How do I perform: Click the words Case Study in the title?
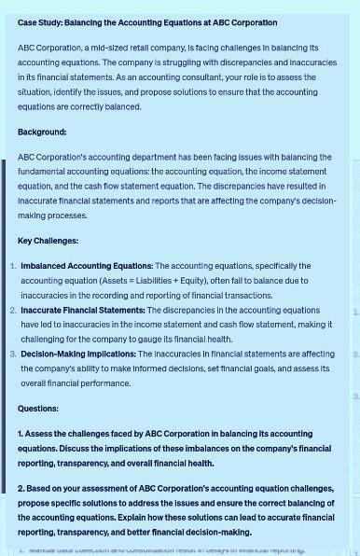click(x=40, y=22)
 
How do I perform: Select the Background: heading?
click(x=42, y=132)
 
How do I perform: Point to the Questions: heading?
click(x=38, y=409)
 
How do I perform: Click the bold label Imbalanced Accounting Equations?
click(x=87, y=266)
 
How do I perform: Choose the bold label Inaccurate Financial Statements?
click(x=83, y=310)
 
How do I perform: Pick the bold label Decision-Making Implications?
click(x=77, y=354)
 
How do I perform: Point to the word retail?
click(x=145, y=48)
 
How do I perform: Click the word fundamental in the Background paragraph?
click(x=45, y=172)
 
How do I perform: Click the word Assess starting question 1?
click(x=43, y=434)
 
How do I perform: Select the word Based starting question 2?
click(x=43, y=489)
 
